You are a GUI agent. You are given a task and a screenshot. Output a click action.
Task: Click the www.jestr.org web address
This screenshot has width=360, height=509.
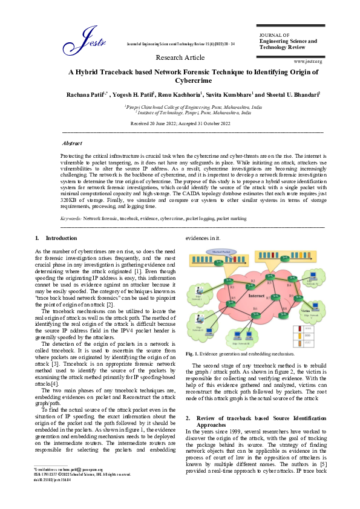307,62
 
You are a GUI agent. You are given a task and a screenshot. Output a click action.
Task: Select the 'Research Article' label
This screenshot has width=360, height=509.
180,57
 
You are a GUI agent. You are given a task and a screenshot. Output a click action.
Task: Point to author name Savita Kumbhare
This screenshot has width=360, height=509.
232,95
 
